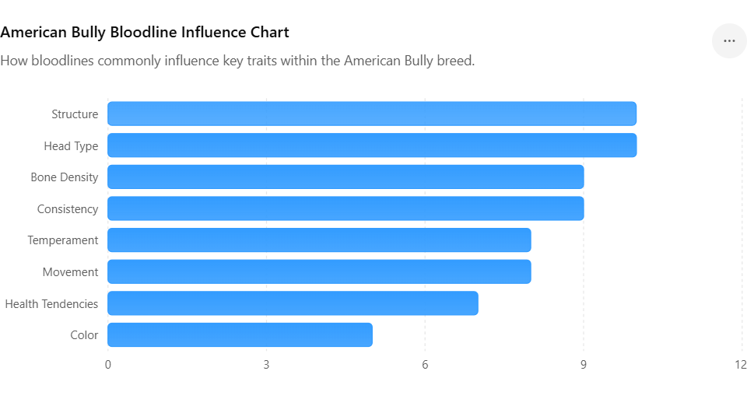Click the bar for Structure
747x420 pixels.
click(x=372, y=114)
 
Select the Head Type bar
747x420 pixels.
click(x=372, y=145)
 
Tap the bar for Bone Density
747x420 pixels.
click(x=345, y=177)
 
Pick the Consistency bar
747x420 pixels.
click(x=345, y=208)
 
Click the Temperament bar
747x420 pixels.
click(x=319, y=240)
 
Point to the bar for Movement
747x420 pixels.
click(x=319, y=271)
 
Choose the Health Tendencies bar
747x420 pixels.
click(x=293, y=303)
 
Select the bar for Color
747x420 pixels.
click(x=240, y=334)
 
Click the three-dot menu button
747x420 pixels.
click(x=729, y=41)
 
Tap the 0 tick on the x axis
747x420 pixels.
click(x=108, y=365)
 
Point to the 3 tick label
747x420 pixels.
click(x=266, y=365)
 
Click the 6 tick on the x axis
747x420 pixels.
click(x=425, y=365)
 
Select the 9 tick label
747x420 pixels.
click(x=584, y=365)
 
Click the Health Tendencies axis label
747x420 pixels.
click(x=51, y=304)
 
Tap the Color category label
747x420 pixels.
click(x=84, y=335)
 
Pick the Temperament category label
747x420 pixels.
click(x=63, y=240)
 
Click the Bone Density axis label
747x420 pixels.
click(x=65, y=177)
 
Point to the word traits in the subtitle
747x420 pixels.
click(x=261, y=61)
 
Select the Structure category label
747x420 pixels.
click(x=75, y=114)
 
